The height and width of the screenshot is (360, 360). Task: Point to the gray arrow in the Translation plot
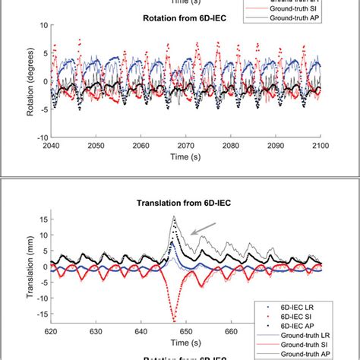[201, 227]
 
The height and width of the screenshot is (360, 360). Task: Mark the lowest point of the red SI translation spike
[174, 321]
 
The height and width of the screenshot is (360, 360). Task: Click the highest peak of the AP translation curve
[174, 216]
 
